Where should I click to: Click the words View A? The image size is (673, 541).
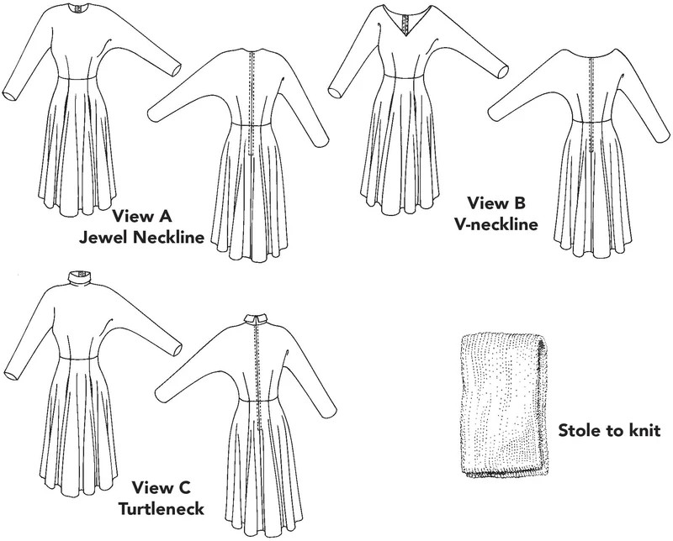142,216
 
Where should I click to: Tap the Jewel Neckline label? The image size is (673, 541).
141,237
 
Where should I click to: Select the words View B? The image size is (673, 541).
496,202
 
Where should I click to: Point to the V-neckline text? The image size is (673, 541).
495,224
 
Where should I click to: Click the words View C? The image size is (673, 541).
162,487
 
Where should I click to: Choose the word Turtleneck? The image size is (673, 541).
162,509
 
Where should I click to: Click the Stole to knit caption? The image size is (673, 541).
609,430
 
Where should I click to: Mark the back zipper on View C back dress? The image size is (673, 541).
258,376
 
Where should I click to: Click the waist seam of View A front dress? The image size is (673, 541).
77,77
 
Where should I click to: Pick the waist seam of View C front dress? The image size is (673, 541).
77,357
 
